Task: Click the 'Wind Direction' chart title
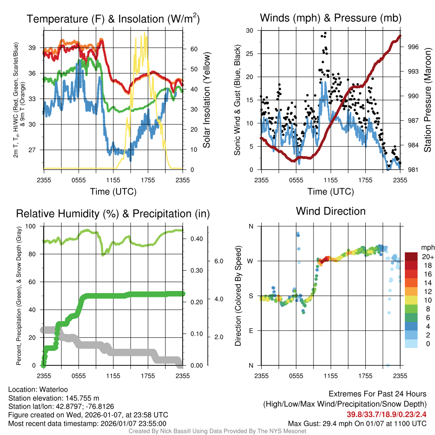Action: [330, 211]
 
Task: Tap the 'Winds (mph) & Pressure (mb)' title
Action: [330, 18]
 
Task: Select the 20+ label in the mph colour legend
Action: [427, 257]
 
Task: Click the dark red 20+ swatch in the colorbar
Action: [412, 257]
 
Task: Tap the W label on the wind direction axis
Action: [251, 261]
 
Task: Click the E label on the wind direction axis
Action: [251, 330]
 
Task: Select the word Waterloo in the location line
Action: [53, 390]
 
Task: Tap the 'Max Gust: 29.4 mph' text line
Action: [357, 423]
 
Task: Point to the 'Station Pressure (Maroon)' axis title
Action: [427, 100]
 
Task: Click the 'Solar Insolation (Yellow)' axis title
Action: [207, 100]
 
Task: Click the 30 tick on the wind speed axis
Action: [250, 31]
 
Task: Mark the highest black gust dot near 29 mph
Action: [325, 33]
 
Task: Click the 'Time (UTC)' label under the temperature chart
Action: [113, 192]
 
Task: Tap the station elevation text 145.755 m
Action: [81, 398]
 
